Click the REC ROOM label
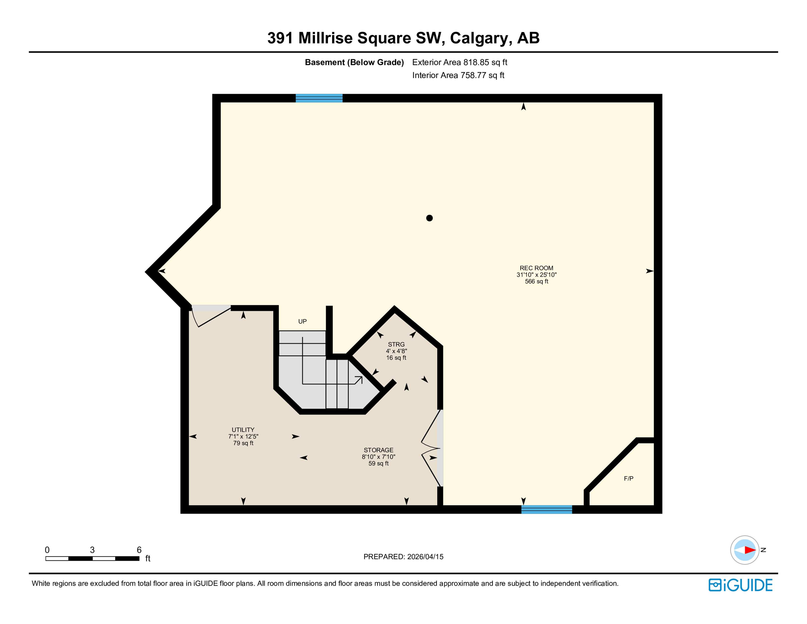coord(536,268)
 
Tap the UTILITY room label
coord(243,430)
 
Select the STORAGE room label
coord(378,450)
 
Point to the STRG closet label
coord(396,344)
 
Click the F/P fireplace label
coord(628,479)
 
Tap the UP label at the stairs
coord(302,321)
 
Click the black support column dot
coord(429,218)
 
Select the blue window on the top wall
coord(319,98)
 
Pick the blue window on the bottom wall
coord(546,509)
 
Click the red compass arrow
coord(749,550)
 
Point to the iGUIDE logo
coord(740,585)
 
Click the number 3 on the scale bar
coord(92,550)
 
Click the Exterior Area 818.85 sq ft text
coord(460,62)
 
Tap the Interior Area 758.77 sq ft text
coord(458,75)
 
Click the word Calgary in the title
coord(479,38)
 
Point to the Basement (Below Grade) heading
coord(354,62)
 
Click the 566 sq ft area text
coord(536,281)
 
